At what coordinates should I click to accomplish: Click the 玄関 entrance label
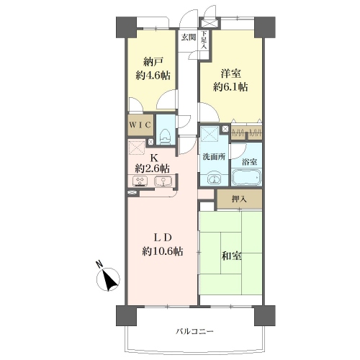[x=189, y=37]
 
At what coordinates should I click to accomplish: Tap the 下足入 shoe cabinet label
[x=204, y=40]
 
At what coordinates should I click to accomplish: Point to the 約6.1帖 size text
[x=230, y=86]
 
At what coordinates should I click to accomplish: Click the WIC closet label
[x=140, y=125]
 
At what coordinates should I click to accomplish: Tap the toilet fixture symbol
[x=166, y=136]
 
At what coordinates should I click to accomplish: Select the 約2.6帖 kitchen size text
[x=153, y=168]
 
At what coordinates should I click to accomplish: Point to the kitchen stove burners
[x=140, y=181]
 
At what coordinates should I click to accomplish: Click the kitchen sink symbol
[x=163, y=181]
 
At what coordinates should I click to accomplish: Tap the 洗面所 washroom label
[x=214, y=157]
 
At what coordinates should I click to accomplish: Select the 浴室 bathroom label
[x=249, y=162]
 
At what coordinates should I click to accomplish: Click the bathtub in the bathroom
[x=246, y=177]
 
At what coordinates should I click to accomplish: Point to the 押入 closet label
[x=239, y=199]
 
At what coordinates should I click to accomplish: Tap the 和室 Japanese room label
[x=232, y=256]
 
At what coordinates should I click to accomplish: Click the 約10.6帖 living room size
[x=163, y=251]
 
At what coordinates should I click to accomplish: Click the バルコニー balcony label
[x=194, y=332]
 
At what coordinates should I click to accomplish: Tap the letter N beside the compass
[x=99, y=264]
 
